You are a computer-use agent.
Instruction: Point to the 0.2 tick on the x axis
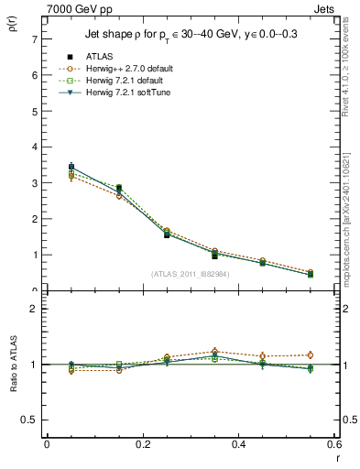[142, 444]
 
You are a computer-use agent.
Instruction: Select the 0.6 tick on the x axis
[333, 444]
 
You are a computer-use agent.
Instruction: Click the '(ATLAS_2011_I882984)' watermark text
[190, 273]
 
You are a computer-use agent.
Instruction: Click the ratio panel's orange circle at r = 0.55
[310, 354]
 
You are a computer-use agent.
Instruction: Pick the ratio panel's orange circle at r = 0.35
[214, 351]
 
